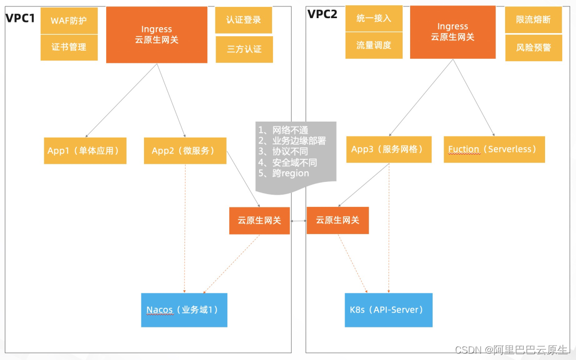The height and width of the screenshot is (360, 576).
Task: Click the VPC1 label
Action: pyautogui.click(x=20, y=18)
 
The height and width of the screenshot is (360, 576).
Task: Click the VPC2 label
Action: pyautogui.click(x=323, y=14)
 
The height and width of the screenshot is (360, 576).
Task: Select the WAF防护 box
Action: pyautogui.click(x=69, y=21)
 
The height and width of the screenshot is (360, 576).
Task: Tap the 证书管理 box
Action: pyautogui.click(x=69, y=47)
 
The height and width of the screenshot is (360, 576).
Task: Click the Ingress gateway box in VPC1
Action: pyautogui.click(x=157, y=35)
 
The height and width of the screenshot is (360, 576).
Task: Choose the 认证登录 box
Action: pyautogui.click(x=244, y=20)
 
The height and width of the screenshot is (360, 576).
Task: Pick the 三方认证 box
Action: pyautogui.click(x=244, y=49)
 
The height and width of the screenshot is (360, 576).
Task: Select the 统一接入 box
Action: pyautogui.click(x=374, y=18)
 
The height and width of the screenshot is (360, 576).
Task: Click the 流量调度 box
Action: pyautogui.click(x=374, y=45)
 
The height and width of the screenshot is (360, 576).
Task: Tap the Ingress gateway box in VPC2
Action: pyautogui.click(x=453, y=32)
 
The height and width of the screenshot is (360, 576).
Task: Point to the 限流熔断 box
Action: pyautogui.click(x=533, y=20)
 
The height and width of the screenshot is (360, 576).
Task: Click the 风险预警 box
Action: pyautogui.click(x=533, y=47)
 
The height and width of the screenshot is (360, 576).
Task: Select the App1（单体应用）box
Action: pyautogui.click(x=85, y=151)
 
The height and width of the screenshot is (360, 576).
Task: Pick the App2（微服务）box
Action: pyautogui.click(x=185, y=151)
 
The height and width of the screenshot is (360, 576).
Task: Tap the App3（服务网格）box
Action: pyautogui.click(x=388, y=149)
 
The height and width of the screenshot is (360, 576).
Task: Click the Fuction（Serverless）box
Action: pyautogui.click(x=494, y=149)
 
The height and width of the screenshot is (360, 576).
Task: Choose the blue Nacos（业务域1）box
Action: pyautogui.click(x=184, y=310)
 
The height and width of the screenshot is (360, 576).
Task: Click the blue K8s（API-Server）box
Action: pyautogui.click(x=388, y=310)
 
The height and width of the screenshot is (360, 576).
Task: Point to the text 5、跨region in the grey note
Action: pyautogui.click(x=284, y=173)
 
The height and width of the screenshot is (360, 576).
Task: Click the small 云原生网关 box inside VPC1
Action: pyautogui.click(x=259, y=220)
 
